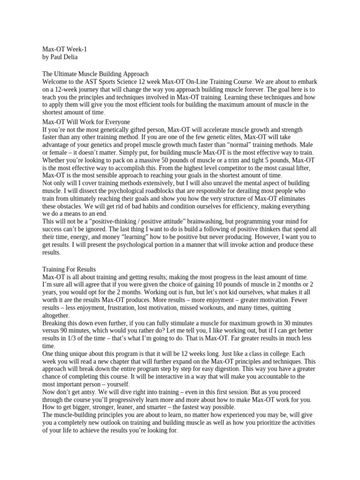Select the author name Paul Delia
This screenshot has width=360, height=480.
(x=67, y=57)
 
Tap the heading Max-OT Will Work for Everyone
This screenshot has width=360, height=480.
(x=86, y=121)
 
